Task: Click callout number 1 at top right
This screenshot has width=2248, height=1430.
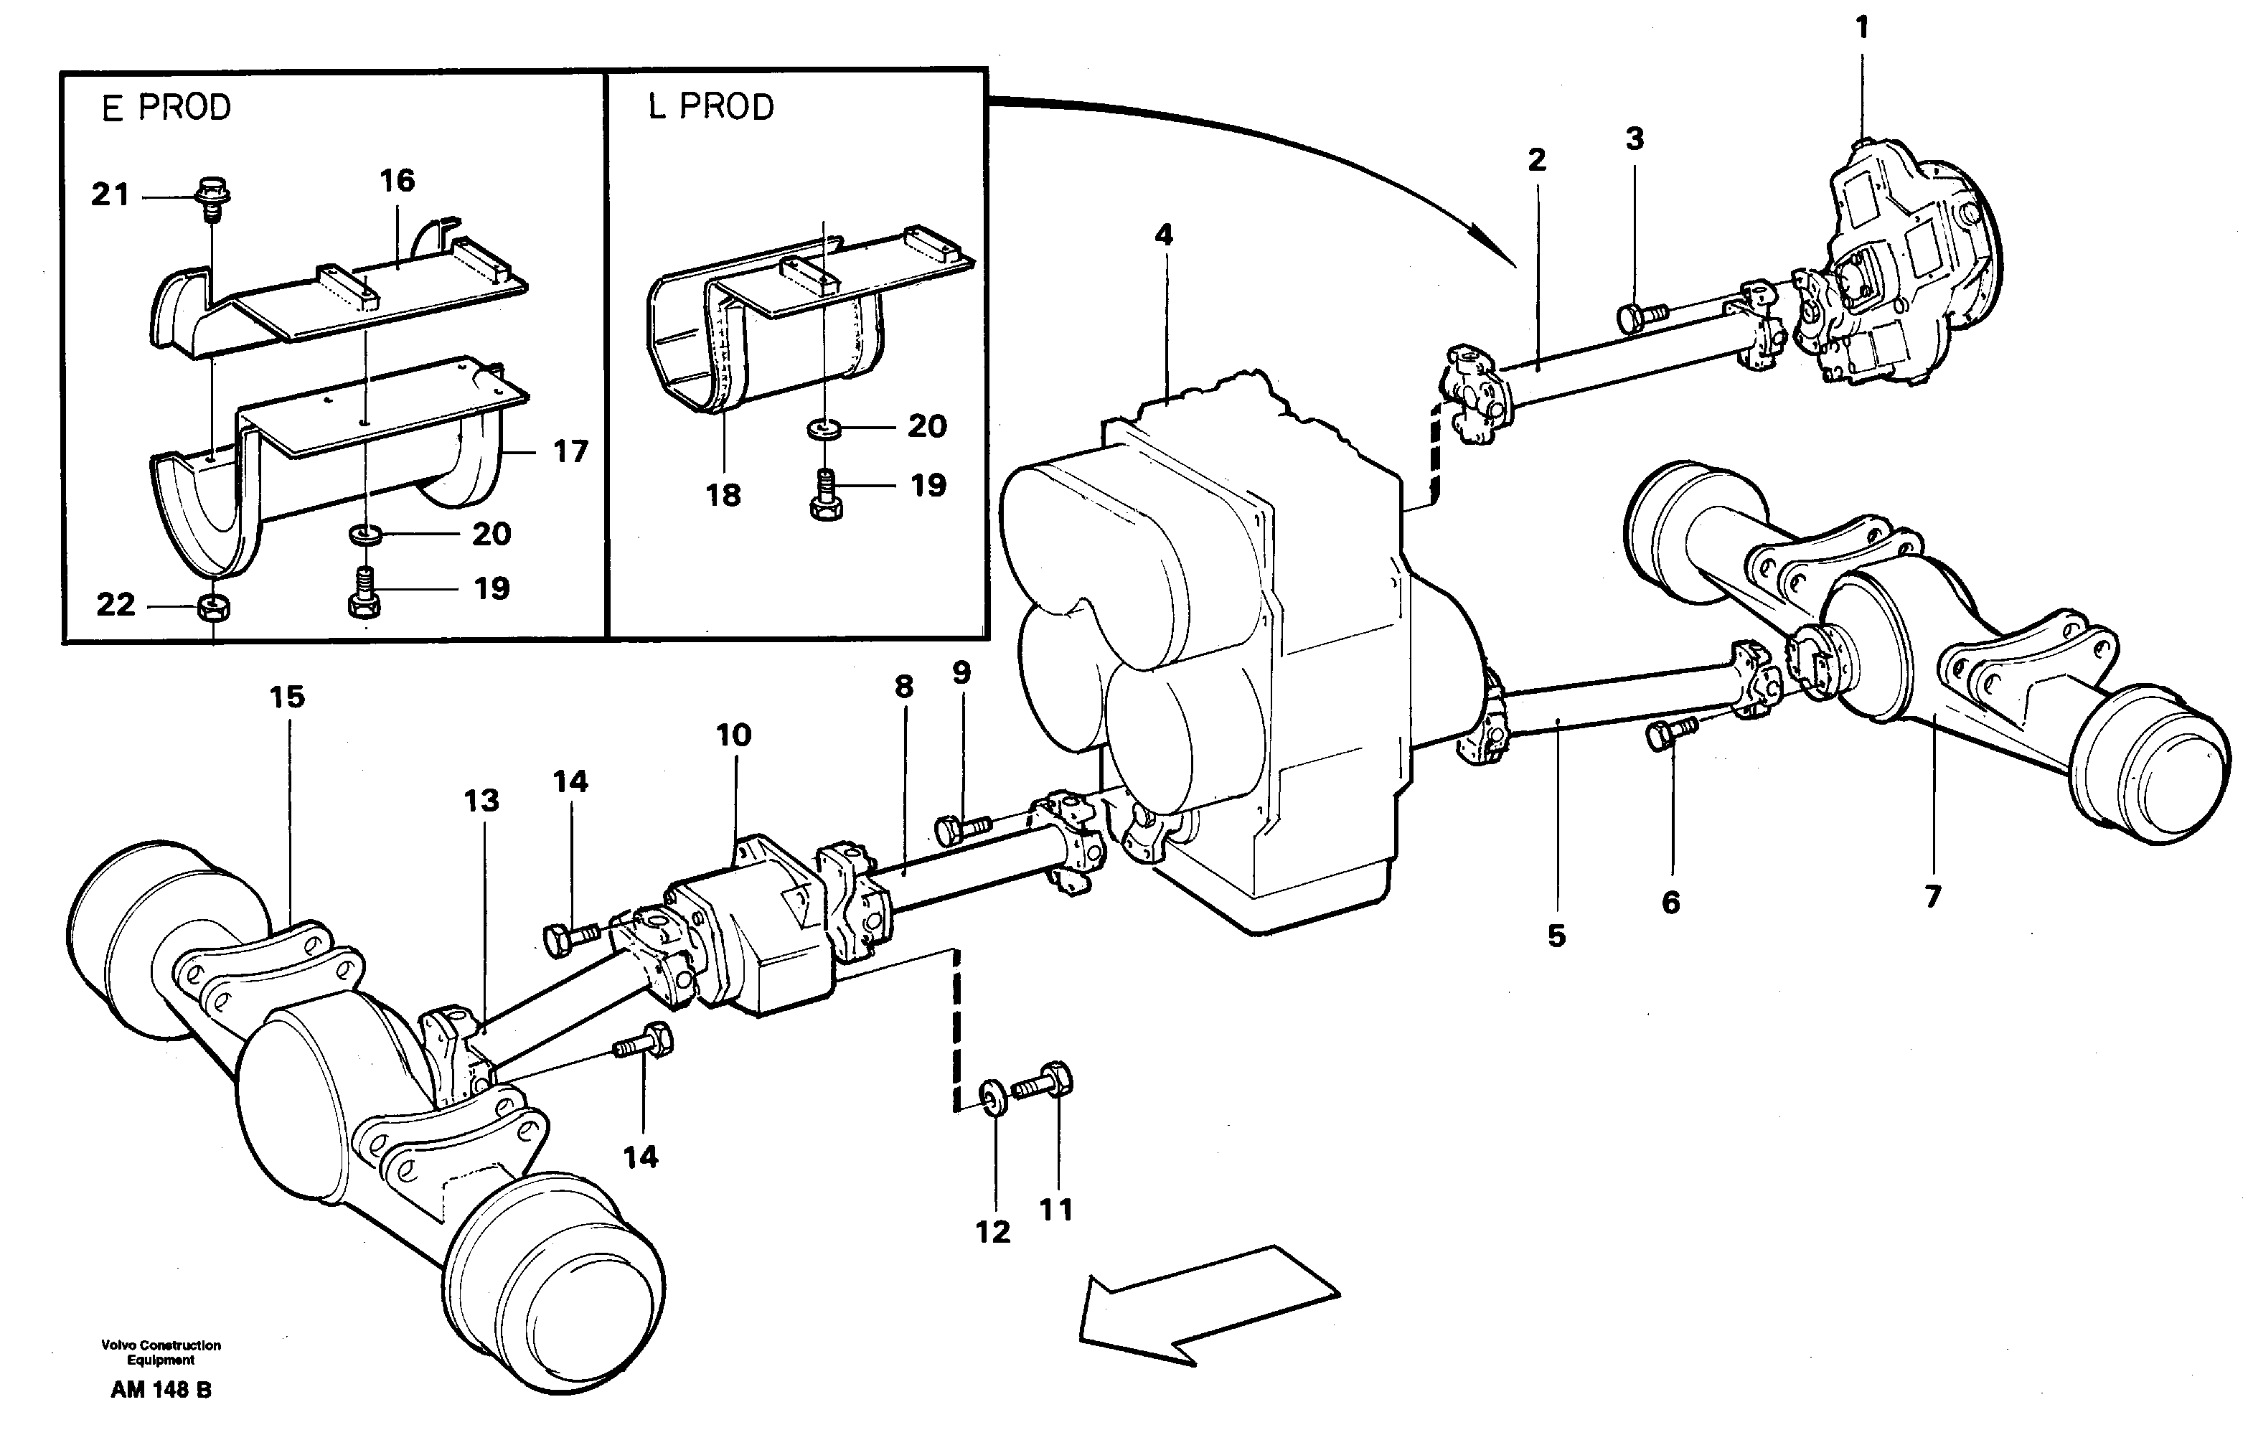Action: tap(1861, 29)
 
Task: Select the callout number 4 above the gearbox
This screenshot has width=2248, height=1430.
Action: tap(1163, 235)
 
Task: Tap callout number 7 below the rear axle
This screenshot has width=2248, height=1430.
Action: tap(1932, 897)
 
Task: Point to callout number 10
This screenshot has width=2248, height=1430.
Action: tap(734, 735)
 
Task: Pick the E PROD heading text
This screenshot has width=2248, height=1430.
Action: tap(166, 108)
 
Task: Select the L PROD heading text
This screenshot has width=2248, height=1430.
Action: tap(711, 108)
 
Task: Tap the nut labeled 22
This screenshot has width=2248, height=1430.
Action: tap(216, 608)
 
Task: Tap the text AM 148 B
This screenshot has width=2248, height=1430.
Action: tap(161, 1390)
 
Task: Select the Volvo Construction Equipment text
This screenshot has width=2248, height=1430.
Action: tap(161, 1353)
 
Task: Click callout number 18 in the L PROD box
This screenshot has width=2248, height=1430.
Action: tap(723, 496)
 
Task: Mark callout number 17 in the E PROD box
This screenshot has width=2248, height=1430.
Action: tap(570, 452)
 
